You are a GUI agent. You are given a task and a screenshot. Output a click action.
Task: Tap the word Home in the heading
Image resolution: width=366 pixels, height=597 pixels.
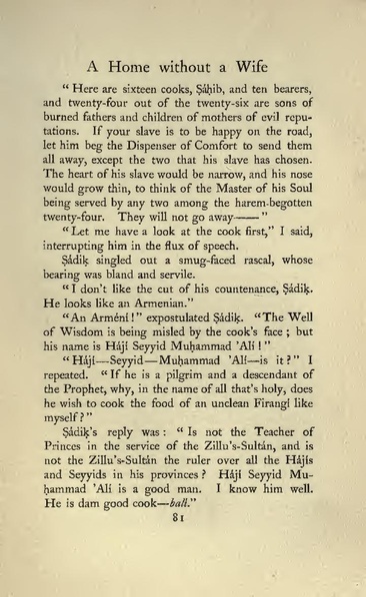[131, 69]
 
